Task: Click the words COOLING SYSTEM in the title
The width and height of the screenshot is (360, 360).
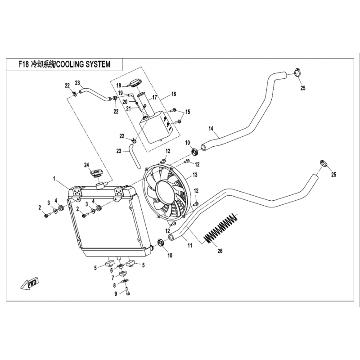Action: click(x=83, y=64)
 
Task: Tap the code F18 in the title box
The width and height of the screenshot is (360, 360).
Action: click(x=24, y=64)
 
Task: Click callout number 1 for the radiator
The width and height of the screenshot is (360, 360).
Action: click(x=54, y=179)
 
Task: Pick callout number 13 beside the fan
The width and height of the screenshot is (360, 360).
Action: click(x=195, y=175)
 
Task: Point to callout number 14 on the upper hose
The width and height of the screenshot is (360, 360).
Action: click(x=210, y=129)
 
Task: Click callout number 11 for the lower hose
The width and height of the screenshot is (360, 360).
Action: click(x=190, y=246)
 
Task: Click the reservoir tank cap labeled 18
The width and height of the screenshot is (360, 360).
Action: click(x=134, y=82)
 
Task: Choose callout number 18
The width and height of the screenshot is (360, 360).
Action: click(x=119, y=85)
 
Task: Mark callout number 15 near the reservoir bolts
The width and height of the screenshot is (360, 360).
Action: click(x=188, y=112)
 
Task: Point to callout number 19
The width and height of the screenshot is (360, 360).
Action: click(x=121, y=93)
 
